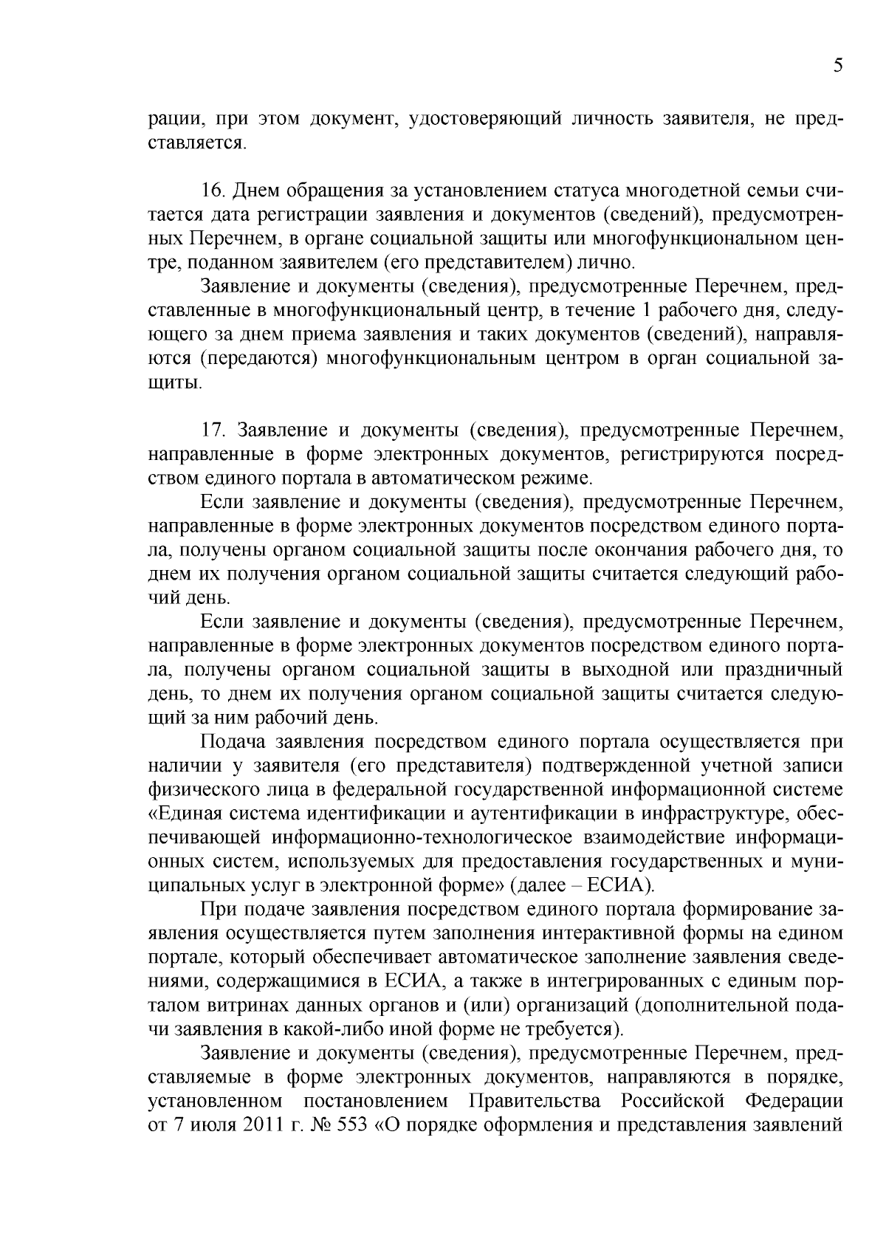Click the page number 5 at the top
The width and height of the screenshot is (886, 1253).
click(837, 66)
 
